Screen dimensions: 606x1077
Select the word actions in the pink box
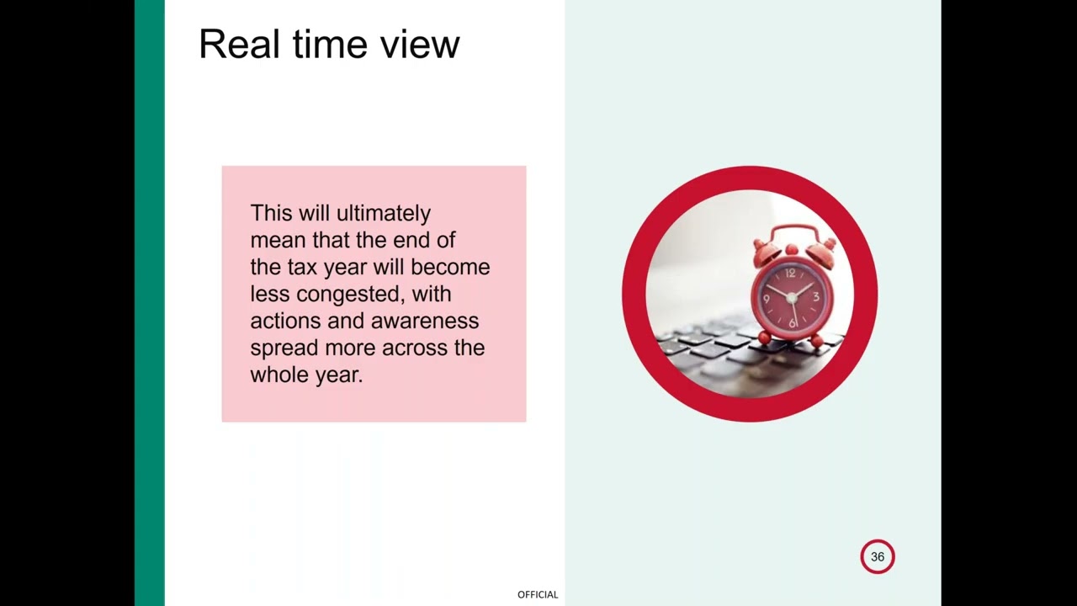click(x=284, y=321)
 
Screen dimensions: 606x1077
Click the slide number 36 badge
click(x=878, y=556)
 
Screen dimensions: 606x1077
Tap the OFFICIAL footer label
click(x=538, y=594)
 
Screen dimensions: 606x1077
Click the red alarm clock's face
click(x=791, y=297)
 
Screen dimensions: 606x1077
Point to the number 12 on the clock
click(x=790, y=273)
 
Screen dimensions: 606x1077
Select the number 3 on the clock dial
click(x=815, y=296)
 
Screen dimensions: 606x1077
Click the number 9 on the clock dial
click(x=766, y=298)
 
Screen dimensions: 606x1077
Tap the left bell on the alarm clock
click(x=767, y=250)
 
